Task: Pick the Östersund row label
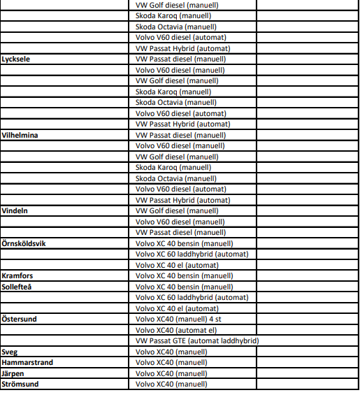pyautogui.click(x=19, y=319)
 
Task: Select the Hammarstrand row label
pyautogui.click(x=28, y=362)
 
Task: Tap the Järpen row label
pyautogui.click(x=13, y=373)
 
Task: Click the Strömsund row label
pyautogui.click(x=20, y=384)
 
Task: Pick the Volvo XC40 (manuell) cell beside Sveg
pyautogui.click(x=171, y=352)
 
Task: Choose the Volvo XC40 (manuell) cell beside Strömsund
pyautogui.click(x=171, y=384)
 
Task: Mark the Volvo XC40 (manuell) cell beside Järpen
pyautogui.click(x=171, y=373)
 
